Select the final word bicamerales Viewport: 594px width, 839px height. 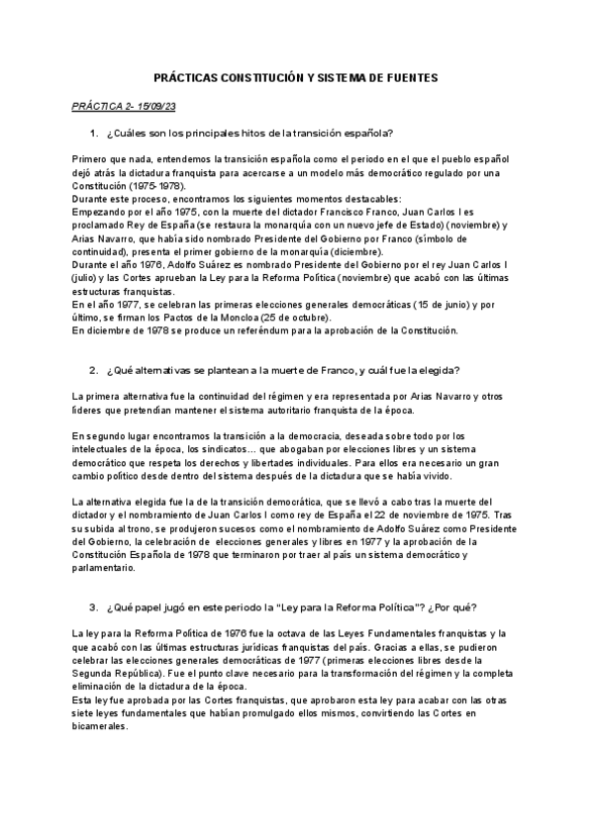point(101,725)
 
